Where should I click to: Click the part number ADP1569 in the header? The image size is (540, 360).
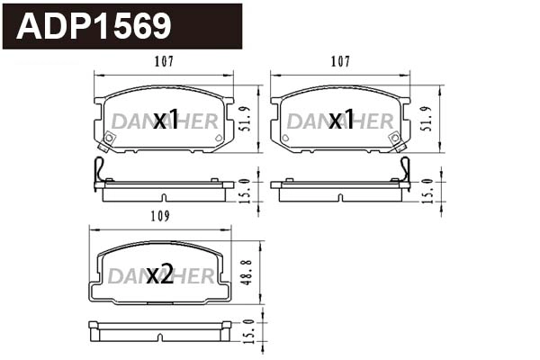[94, 26]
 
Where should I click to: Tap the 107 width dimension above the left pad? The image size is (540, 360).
[163, 62]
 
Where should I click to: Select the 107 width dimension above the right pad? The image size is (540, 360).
[339, 62]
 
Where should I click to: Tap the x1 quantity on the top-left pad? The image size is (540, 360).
[165, 120]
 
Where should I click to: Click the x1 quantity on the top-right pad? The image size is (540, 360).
[341, 120]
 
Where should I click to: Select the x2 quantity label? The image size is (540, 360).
[159, 274]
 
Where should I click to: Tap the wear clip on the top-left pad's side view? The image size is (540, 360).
[101, 174]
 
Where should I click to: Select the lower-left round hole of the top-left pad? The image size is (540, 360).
[109, 138]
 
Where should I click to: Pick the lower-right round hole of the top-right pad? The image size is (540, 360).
[395, 138]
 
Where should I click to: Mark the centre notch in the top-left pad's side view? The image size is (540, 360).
[163, 197]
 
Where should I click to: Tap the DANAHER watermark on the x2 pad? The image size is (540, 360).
[160, 276]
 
